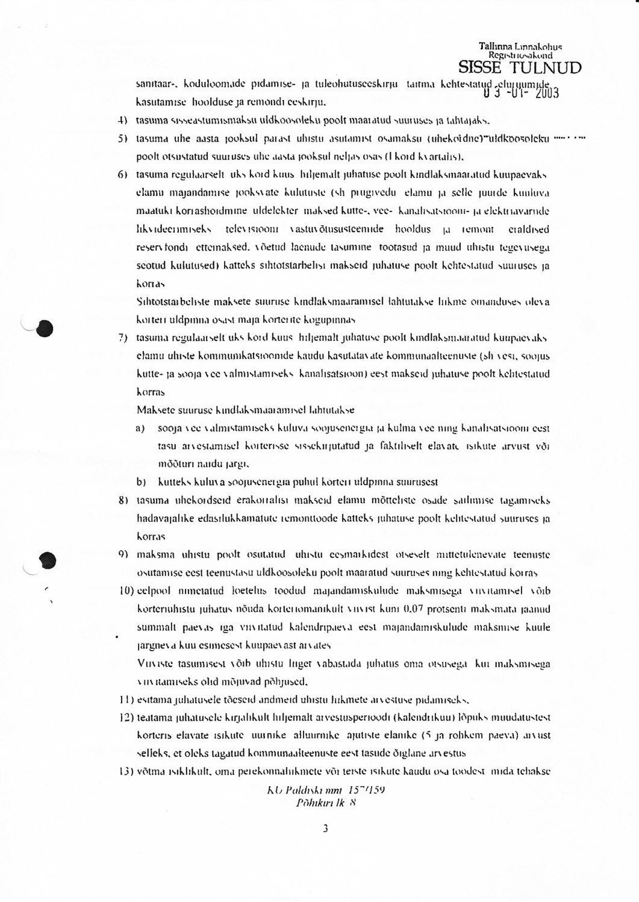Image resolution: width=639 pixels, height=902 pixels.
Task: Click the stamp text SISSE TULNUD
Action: click(x=520, y=67)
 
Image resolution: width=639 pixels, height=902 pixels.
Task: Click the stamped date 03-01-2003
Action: click(x=521, y=93)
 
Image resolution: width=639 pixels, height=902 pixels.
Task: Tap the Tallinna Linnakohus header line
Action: click(x=520, y=46)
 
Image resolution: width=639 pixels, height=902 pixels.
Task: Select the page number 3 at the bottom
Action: click(x=325, y=828)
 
